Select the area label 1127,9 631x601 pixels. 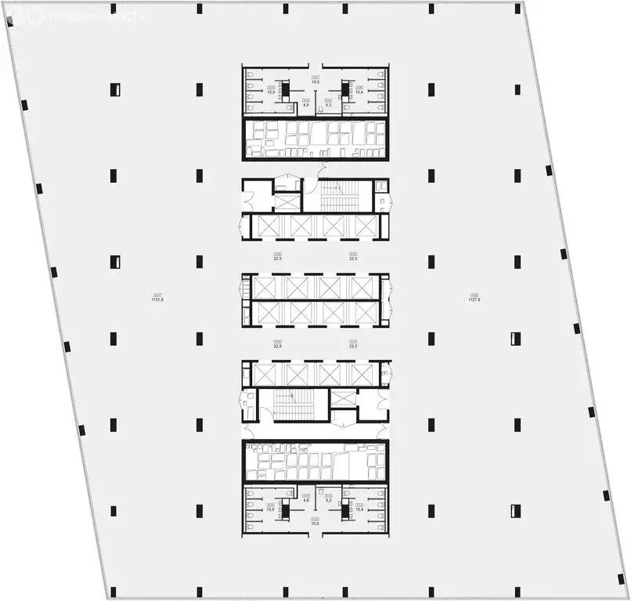(474, 298)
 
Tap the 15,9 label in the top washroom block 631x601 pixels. (272, 92)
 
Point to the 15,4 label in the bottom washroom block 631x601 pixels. (359, 509)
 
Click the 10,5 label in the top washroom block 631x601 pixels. (315, 79)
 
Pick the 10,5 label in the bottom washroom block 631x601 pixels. (315, 521)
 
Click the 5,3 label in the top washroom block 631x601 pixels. (330, 103)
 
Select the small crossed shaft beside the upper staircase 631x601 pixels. (287, 201)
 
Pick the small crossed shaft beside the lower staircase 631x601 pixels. (342, 398)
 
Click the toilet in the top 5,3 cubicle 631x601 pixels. (321, 110)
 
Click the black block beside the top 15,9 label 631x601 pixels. (286, 89)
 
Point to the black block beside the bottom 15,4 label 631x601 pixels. (345, 511)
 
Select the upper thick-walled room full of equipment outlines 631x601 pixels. (315, 139)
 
